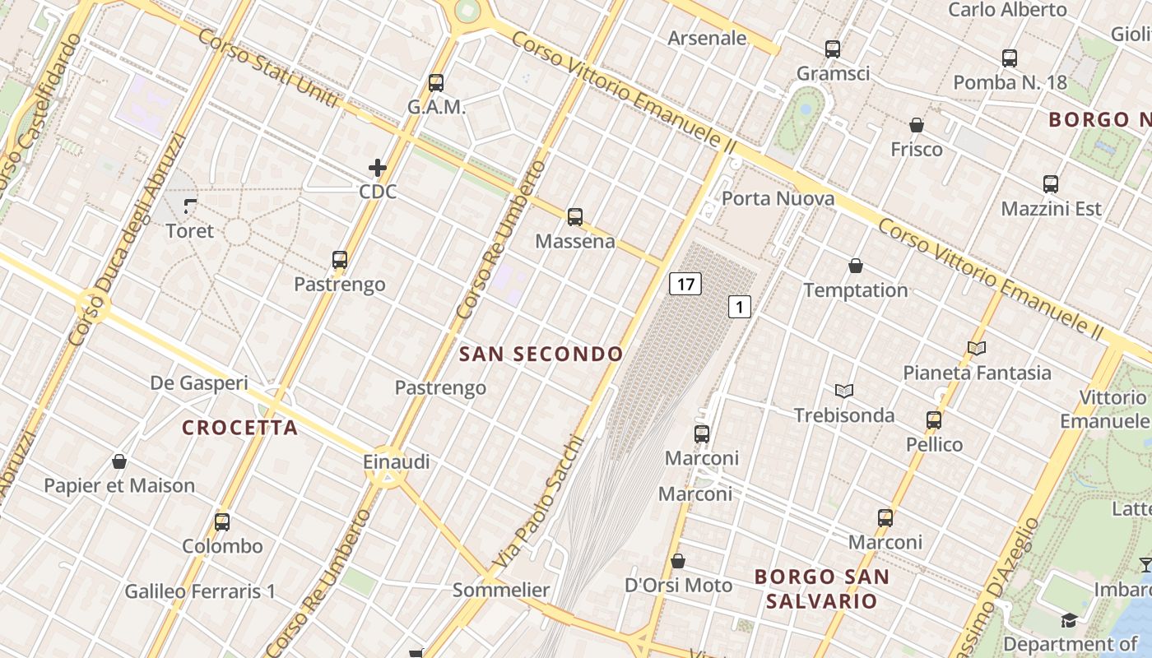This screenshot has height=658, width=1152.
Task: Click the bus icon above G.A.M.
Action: (436, 83)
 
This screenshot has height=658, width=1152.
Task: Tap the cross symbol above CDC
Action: (378, 168)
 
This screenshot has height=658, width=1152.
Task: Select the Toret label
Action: (189, 231)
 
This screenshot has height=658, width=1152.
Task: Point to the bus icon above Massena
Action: (575, 217)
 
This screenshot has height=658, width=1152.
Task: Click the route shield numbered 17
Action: (685, 285)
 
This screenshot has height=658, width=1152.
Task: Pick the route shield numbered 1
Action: (740, 308)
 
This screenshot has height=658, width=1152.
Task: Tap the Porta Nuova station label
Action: (778, 198)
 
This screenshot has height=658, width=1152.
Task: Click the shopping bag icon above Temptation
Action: (856, 266)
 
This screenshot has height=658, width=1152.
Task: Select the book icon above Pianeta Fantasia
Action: (977, 348)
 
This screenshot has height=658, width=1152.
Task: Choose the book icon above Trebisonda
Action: (844, 391)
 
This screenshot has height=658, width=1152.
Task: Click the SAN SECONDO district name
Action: (541, 354)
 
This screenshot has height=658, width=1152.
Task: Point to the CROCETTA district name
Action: (239, 428)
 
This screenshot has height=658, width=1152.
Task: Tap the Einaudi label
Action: (397, 462)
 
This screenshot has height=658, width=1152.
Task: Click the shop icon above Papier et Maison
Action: (119, 461)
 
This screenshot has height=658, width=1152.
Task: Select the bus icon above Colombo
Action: (222, 521)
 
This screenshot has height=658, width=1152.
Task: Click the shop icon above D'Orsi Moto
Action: (678, 561)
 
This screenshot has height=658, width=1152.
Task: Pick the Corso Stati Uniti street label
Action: (268, 69)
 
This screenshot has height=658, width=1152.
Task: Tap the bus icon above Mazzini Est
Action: (1051, 184)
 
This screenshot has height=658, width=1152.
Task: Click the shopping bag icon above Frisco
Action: (917, 125)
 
